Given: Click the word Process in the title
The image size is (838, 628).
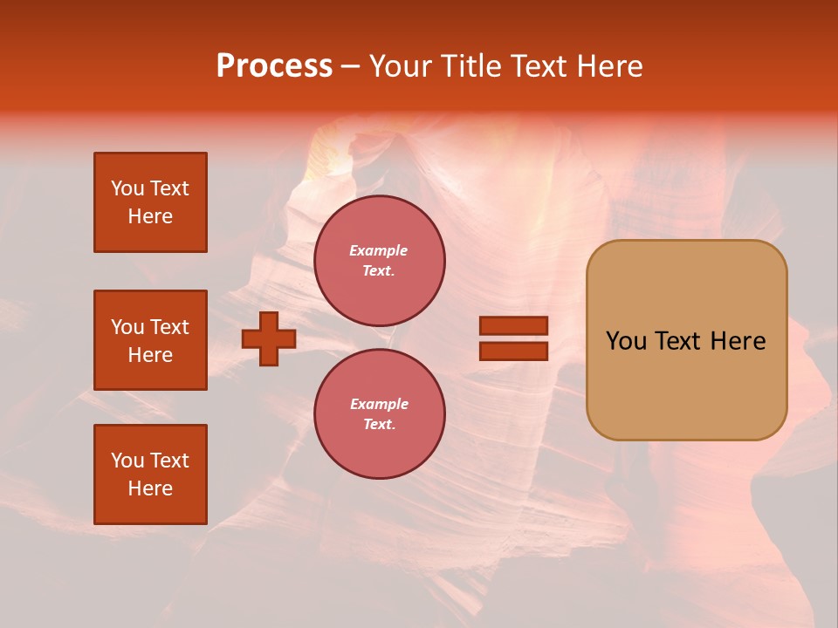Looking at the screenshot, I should [274, 66].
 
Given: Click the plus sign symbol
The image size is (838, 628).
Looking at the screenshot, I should [269, 338].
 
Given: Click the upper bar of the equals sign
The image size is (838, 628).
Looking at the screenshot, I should [513, 325].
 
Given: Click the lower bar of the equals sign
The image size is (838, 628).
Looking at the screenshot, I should [513, 351].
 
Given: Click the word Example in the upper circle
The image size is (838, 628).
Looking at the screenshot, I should [379, 250].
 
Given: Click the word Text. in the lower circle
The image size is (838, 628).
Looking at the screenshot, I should [379, 424].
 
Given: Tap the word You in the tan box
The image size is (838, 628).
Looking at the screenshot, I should [626, 341].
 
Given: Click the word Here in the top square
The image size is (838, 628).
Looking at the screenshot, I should [150, 216].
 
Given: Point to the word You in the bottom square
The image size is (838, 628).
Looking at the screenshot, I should [127, 461].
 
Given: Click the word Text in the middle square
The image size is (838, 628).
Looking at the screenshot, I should [169, 327].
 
